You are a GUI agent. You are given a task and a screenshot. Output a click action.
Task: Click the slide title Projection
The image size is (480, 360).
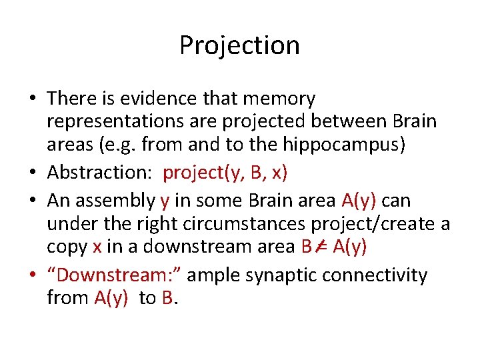[239, 45]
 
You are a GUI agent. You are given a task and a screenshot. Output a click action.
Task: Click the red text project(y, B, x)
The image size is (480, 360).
[225, 173]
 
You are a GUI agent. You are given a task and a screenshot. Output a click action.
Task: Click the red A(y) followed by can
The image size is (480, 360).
[359, 200]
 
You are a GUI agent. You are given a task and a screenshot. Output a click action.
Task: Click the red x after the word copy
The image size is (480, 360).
[97, 247]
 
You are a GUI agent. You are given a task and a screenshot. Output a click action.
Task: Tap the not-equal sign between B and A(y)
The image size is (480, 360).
[320, 247]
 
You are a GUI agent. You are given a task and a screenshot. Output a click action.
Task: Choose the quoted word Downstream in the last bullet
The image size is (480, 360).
[104, 275]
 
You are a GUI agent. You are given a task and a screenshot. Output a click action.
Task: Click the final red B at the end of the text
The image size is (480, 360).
[167, 298]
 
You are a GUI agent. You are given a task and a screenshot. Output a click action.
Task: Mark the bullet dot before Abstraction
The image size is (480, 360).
[34, 173]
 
